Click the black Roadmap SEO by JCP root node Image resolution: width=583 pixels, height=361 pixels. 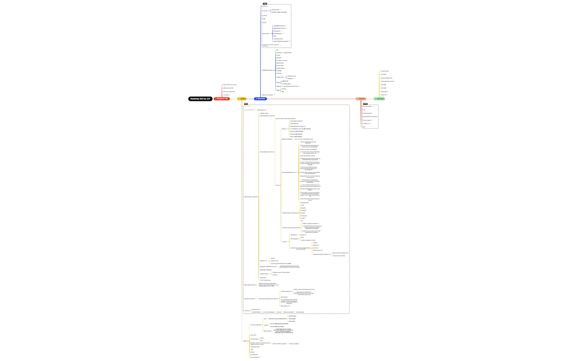[x=200, y=99]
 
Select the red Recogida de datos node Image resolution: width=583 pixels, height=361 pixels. [x=222, y=99]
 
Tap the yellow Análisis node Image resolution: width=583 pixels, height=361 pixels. [x=242, y=99]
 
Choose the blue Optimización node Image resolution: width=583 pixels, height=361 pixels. [x=260, y=99]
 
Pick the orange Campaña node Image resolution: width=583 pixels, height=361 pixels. [x=361, y=99]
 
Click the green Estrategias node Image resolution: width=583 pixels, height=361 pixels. [x=379, y=99]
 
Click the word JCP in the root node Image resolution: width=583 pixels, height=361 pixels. [x=208, y=99]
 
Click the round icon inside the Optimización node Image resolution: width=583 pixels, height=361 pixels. [x=256, y=99]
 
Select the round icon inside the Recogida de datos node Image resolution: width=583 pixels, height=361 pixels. [x=216, y=99]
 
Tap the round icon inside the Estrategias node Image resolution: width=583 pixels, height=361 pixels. [x=376, y=99]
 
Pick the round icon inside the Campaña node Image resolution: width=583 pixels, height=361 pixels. [x=358, y=99]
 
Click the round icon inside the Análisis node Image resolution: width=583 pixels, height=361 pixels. [x=239, y=99]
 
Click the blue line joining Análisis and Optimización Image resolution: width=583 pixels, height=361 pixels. [x=250, y=99]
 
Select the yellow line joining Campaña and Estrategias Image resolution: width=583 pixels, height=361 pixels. [x=370, y=99]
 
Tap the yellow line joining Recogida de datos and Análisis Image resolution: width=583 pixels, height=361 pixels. [x=233, y=99]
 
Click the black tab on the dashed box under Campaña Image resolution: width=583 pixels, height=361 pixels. [x=365, y=104]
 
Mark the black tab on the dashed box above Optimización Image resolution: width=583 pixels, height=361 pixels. [x=265, y=4]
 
